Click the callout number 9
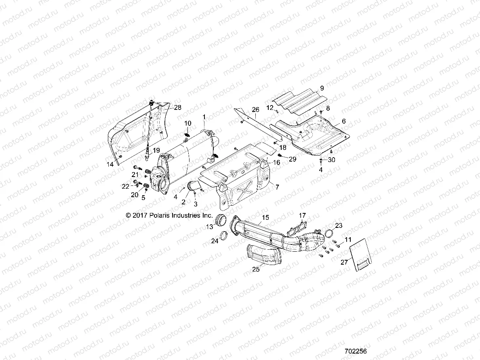[x=322, y=88]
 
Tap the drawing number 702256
[x=355, y=352]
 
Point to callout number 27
[x=344, y=262]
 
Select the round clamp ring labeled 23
[x=329, y=233]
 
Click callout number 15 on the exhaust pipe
[x=265, y=217]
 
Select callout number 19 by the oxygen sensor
[x=156, y=150]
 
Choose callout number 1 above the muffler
[x=204, y=117]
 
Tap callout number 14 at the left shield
[x=109, y=164]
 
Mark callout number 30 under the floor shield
[x=332, y=160]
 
